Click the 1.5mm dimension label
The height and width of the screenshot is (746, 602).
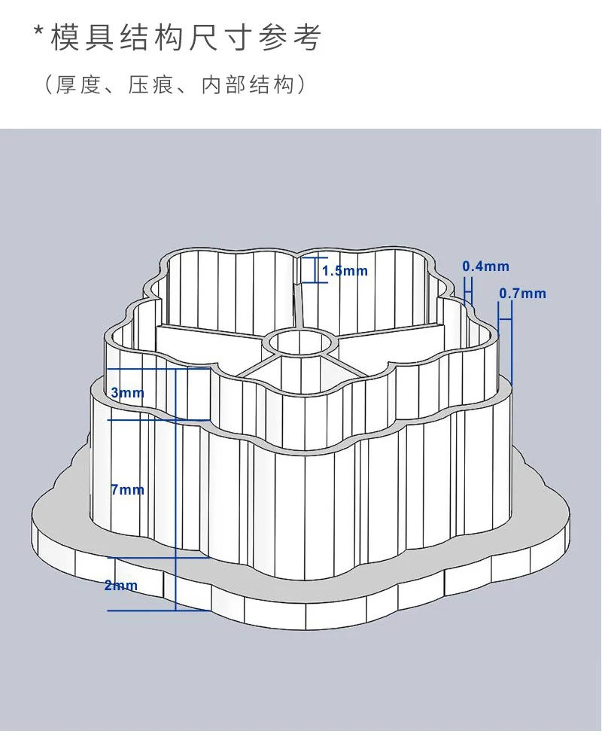(345, 271)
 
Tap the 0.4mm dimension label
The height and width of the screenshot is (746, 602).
(485, 266)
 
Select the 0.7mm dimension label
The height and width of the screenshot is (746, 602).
(522, 294)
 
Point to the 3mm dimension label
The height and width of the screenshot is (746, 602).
(126, 393)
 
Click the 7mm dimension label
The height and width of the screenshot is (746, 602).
(126, 490)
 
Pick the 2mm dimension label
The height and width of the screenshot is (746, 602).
(120, 585)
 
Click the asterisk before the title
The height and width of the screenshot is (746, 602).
(39, 34)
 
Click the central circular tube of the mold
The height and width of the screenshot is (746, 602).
(301, 343)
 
